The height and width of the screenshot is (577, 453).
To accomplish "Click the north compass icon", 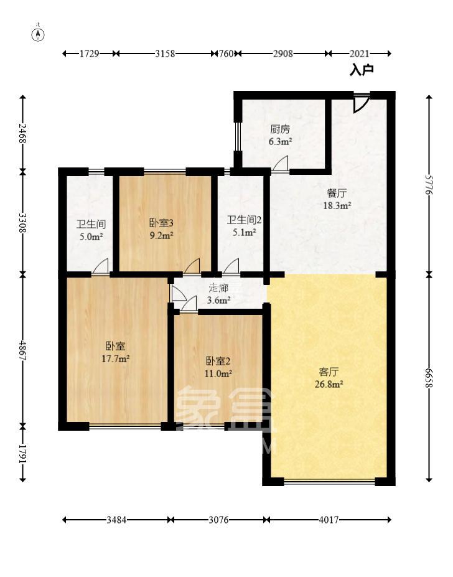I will [x=39, y=34].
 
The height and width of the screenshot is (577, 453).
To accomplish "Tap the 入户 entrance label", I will [x=362, y=70].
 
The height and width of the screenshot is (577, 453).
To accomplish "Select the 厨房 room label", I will [x=280, y=129].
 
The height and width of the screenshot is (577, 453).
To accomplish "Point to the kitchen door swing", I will [x=281, y=164].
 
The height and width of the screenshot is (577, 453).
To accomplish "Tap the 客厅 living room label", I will [x=329, y=372].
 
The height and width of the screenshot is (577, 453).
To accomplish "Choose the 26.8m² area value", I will [x=329, y=384].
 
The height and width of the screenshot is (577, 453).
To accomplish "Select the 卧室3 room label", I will [x=161, y=223].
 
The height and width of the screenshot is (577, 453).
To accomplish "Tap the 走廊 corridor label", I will [x=218, y=288].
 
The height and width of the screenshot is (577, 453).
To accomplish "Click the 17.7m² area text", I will [x=116, y=359].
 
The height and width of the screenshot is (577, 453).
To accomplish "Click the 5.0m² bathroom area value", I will [x=90, y=237].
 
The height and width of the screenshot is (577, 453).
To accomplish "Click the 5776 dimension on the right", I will [x=429, y=184].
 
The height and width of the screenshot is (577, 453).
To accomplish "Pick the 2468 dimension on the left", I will [x=23, y=133].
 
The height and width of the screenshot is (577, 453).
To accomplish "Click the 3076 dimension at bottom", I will [x=218, y=520].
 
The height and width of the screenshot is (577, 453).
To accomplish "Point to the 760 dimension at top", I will [x=226, y=54].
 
